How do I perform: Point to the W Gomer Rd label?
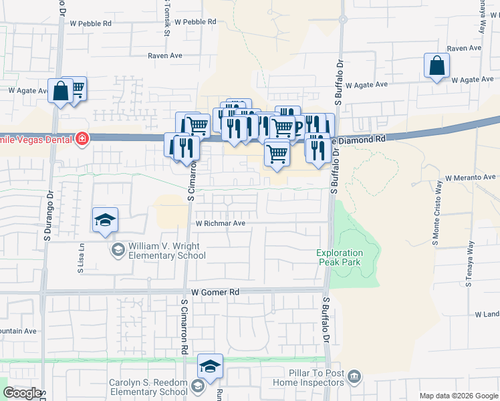click(215, 292)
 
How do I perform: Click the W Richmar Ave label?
click(220, 223)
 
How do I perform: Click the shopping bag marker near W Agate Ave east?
click(436, 66)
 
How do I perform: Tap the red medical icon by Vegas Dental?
click(82, 139)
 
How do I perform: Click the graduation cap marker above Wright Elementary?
click(106, 221)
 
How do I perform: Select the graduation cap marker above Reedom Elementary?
click(210, 366)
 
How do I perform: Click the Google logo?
click(22, 393)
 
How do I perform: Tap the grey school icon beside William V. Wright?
click(118, 251)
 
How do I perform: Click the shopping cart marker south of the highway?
click(277, 154)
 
